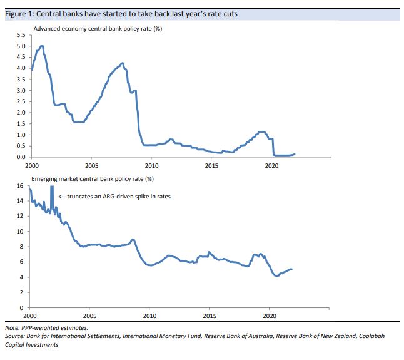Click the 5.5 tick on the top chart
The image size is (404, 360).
point(21,36)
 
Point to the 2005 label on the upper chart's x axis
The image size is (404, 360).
point(91,166)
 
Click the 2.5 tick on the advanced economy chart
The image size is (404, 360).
point(21,102)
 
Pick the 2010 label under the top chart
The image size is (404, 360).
point(151,166)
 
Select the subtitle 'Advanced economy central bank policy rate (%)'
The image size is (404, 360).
point(98,29)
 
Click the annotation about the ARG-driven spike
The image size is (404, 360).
point(114,197)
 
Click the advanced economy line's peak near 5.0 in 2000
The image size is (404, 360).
point(42,46)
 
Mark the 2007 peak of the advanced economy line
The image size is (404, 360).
point(122,63)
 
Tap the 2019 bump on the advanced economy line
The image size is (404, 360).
point(262,131)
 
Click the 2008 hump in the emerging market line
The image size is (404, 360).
point(132,240)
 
